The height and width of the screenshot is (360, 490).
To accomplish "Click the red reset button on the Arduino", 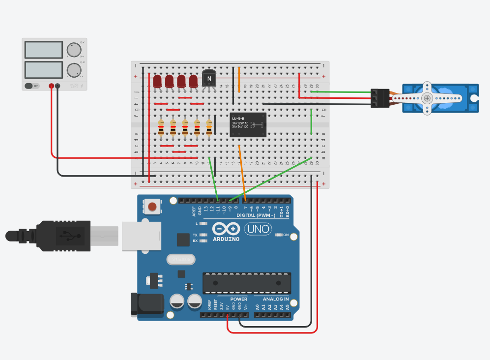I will tap(153, 207).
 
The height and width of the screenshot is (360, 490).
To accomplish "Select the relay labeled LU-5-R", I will tap(248, 124).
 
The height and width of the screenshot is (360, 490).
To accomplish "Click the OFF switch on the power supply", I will tap(32, 86).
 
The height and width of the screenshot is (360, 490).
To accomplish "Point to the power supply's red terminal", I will tap(51, 86).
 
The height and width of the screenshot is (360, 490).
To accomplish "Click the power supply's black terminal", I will tap(58, 86).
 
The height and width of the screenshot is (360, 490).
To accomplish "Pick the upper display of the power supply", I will tap(43, 50).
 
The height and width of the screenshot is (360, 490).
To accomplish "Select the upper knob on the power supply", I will tap(74, 50).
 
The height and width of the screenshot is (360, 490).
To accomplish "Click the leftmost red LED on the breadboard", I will tap(158, 81).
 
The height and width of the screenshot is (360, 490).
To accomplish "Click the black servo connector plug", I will tap(379, 98).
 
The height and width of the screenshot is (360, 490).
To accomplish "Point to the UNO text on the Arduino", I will tap(258, 229).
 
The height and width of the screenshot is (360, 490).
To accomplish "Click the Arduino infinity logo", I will tap(226, 229).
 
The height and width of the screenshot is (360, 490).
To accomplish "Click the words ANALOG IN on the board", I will tap(276, 299).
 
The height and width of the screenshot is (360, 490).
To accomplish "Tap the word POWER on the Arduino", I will tap(239, 299).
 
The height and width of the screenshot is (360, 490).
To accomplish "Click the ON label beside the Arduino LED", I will tap(286, 235).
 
